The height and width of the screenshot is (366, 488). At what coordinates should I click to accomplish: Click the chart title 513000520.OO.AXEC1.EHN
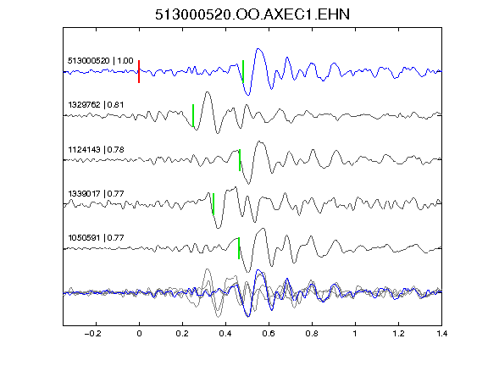252,14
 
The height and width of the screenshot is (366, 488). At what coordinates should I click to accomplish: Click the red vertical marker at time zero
139,71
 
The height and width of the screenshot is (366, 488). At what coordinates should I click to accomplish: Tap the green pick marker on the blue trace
243,71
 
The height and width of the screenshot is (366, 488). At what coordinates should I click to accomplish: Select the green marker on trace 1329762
193,115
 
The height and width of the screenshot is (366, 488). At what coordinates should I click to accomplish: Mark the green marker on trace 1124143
240,160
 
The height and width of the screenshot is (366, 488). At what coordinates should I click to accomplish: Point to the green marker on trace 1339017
213,204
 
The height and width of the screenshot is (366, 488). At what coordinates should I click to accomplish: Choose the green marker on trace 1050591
239,248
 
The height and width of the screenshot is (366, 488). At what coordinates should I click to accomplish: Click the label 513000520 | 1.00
101,60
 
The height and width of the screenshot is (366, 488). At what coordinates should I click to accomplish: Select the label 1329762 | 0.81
96,104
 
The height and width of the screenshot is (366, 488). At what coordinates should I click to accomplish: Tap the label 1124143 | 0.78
96,150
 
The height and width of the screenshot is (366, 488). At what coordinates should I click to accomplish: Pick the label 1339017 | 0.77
96,193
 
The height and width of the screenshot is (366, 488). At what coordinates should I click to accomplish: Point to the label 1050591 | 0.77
96,238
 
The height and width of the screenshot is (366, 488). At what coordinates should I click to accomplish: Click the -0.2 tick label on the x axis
92,334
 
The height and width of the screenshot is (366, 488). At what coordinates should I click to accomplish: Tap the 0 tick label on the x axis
139,334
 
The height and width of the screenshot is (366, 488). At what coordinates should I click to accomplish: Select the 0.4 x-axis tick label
225,334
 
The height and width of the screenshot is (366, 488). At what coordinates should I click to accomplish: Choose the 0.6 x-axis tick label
269,334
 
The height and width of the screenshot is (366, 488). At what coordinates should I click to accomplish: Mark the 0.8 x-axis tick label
312,334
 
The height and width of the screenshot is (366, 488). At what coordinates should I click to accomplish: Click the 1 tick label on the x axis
355,334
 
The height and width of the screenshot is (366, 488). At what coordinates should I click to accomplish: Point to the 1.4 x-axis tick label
441,334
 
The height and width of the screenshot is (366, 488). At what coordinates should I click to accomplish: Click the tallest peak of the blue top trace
258,48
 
